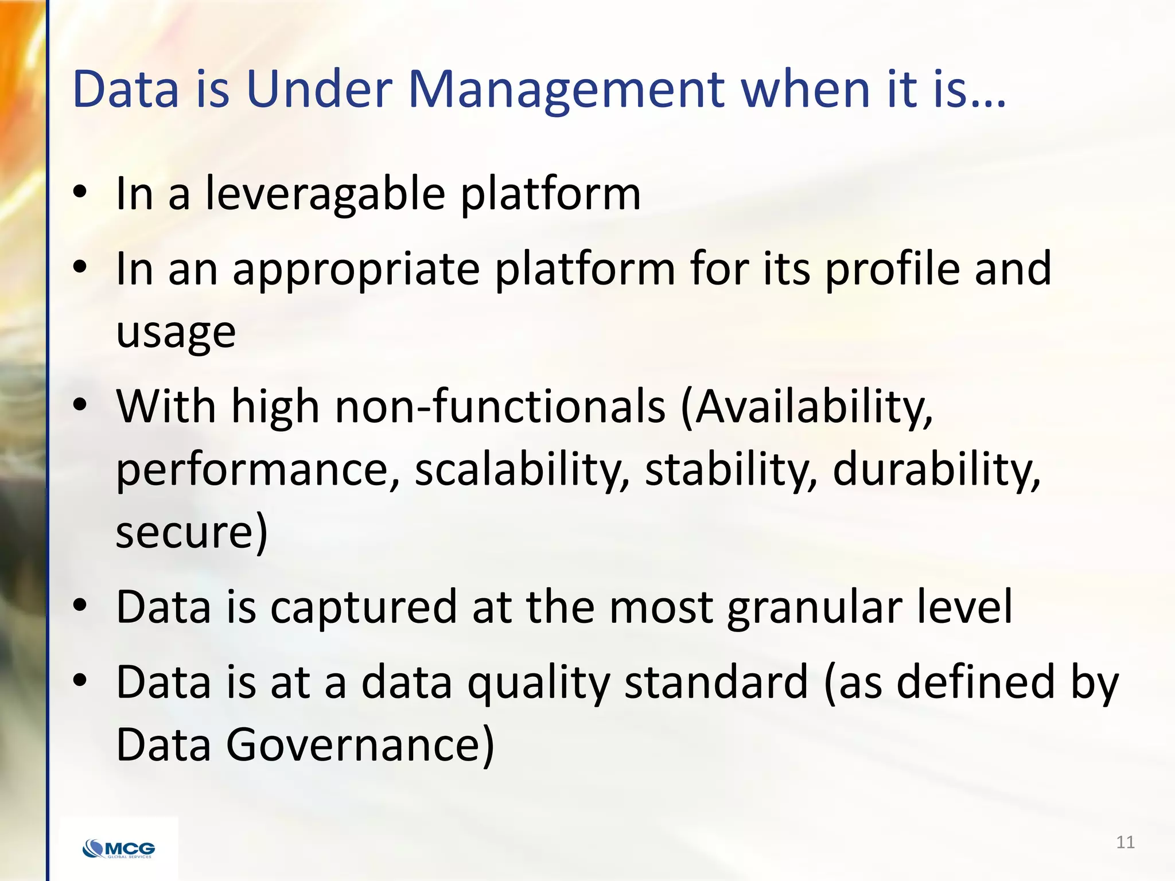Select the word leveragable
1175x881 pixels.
pyautogui.click(x=325, y=194)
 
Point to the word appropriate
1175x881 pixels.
pyautogui.click(x=356, y=270)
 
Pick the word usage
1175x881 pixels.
pyautogui.click(x=176, y=333)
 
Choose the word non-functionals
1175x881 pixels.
pyautogui.click(x=500, y=407)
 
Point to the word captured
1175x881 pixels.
pyautogui.click(x=364, y=607)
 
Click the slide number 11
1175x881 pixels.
pyautogui.click(x=1125, y=842)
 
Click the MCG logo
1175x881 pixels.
pyautogui.click(x=119, y=848)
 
